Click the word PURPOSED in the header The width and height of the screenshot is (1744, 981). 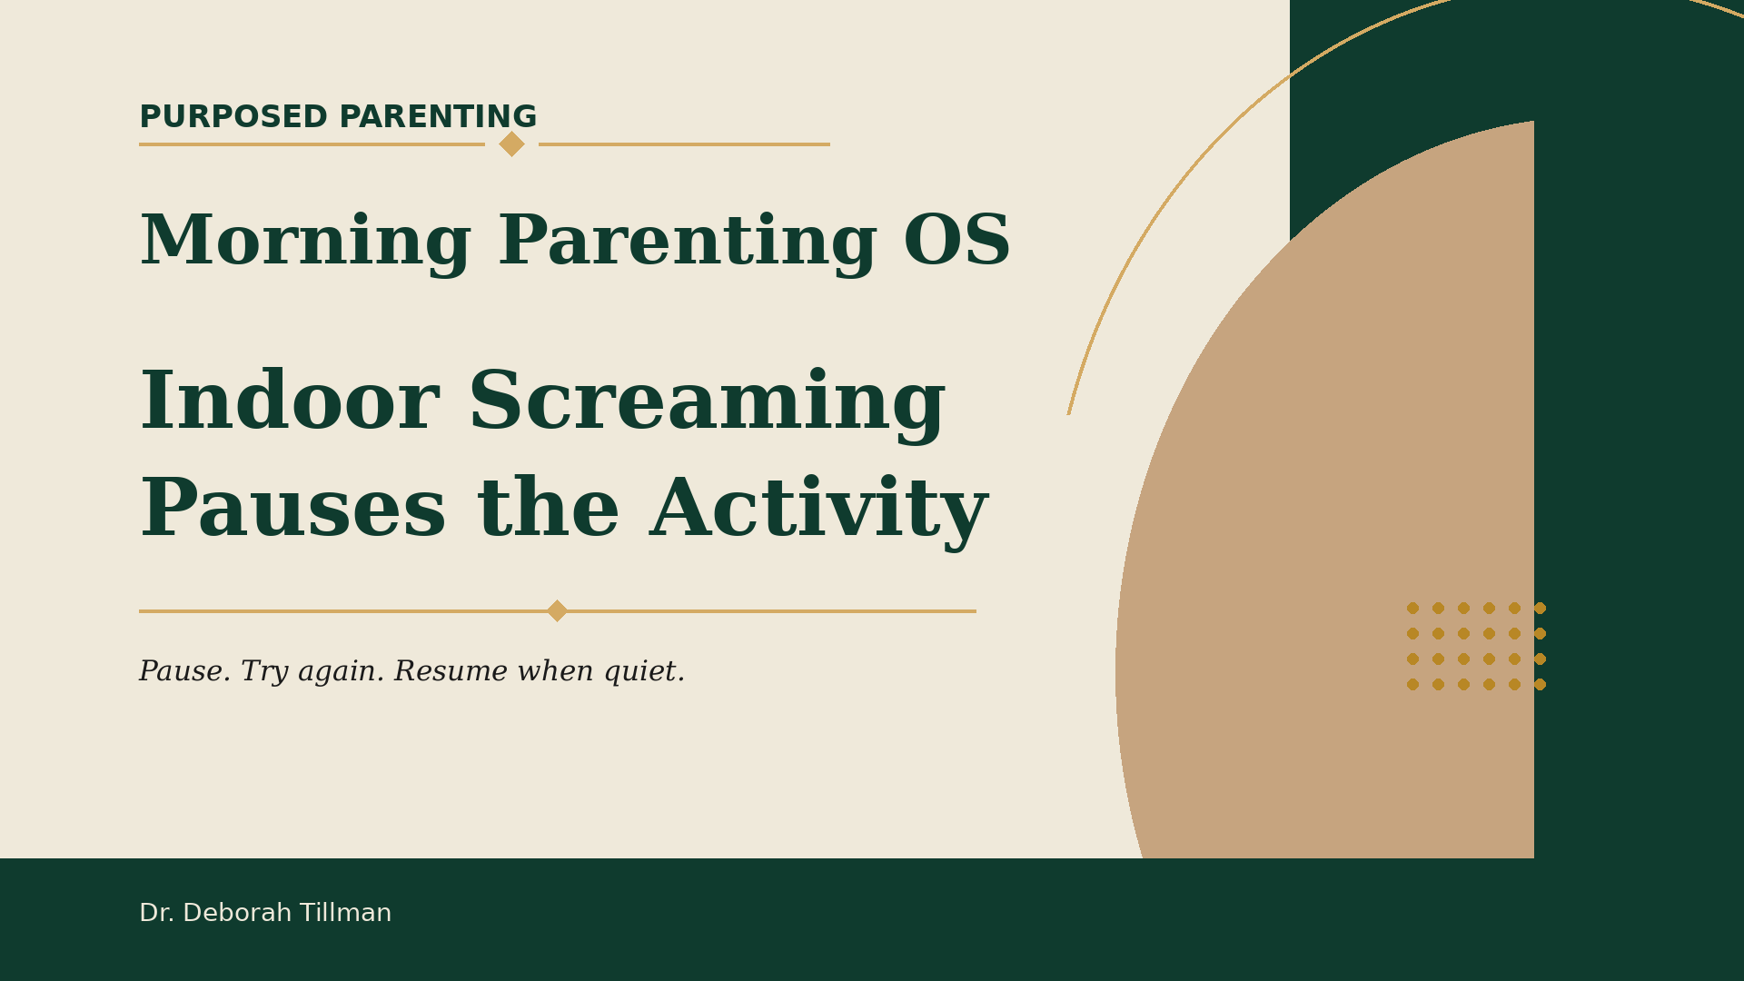pos(233,117)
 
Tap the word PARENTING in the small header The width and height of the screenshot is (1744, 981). pos(438,117)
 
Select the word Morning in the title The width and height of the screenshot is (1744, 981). pos(305,243)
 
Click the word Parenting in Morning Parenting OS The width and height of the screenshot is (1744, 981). pos(688,243)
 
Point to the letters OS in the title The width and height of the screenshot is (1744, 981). pos(956,243)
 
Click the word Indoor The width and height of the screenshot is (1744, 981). pos(290,402)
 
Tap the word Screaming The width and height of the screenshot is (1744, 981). pos(707,404)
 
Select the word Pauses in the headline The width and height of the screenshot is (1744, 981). pos(292,510)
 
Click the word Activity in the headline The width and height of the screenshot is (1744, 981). pos(819,511)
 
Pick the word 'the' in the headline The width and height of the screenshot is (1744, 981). pos(549,508)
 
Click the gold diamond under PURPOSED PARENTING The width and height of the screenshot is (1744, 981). pos(511,144)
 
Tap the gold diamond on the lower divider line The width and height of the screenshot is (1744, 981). pos(557,610)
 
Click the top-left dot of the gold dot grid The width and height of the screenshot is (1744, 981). pos(1412,608)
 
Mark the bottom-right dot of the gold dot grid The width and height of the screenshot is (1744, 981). pos(1540,684)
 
